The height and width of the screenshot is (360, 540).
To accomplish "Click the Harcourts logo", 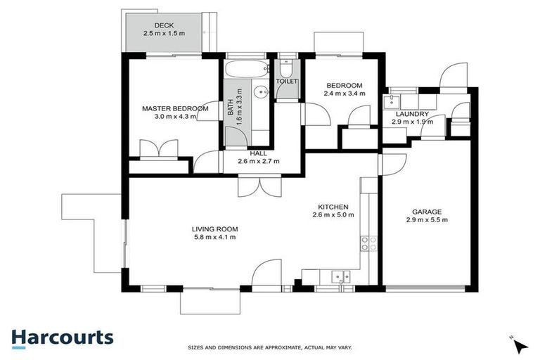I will pos(63,337).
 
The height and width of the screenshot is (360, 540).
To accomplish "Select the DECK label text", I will pos(154,25).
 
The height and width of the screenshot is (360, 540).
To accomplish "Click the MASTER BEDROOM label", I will pos(175,108).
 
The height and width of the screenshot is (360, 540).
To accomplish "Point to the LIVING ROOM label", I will pos(214,229).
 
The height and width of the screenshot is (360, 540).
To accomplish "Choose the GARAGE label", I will pos(426,211).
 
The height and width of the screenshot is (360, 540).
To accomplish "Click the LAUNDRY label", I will pos(411,113).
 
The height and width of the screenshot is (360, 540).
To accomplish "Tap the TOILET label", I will pos(287,82).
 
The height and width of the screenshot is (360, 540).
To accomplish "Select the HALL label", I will pos(258,153).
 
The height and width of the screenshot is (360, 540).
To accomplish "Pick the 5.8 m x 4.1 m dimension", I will pos(214,238).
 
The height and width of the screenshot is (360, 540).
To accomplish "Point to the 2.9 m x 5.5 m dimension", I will pos(426,220).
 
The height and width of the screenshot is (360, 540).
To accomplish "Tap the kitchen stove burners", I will pos(367,243).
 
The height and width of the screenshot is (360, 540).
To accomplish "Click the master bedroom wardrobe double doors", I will pos(155,150).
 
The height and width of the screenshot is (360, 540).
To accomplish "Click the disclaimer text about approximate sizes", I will pos(269,347).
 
